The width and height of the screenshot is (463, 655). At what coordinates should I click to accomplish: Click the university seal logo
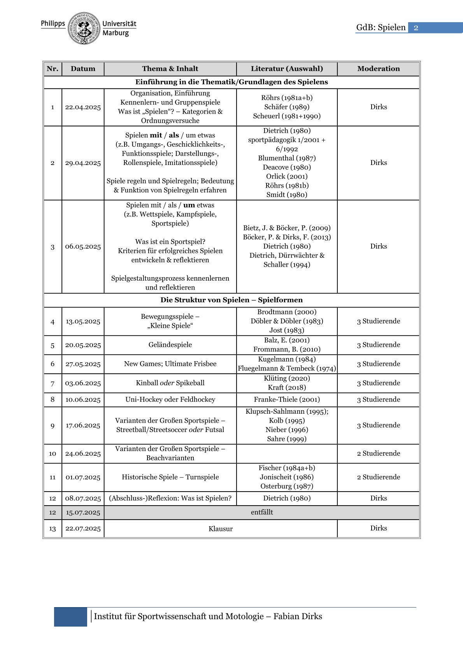tap(84, 28)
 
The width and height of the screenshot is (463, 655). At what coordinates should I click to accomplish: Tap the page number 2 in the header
tap(416, 28)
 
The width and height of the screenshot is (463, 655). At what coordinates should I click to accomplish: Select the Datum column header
tap(83, 69)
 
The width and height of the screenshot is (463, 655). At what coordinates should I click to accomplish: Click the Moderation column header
tap(378, 69)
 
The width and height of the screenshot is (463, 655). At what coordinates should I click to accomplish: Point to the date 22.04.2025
tap(83, 107)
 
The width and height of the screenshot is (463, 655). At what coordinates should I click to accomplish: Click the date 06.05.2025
tap(83, 247)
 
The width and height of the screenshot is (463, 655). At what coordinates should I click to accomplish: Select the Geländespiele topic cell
tap(170, 345)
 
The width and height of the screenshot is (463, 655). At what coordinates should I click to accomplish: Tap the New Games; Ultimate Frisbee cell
tap(170, 364)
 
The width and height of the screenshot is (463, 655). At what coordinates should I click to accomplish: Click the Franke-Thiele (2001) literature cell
tap(287, 400)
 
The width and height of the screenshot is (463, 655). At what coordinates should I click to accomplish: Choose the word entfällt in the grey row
tap(262, 513)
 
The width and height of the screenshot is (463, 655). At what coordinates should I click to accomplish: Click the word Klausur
tap(221, 529)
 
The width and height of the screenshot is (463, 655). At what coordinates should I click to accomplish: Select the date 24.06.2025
tap(83, 454)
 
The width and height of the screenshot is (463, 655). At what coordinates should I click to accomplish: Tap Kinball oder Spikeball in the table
tap(170, 383)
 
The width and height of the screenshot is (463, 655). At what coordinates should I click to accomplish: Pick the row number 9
tap(53, 426)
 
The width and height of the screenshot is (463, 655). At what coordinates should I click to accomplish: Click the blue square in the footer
tap(70, 617)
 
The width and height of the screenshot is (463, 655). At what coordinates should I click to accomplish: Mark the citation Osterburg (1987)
tap(287, 486)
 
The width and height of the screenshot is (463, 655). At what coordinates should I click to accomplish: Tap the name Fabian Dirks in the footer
tap(298, 616)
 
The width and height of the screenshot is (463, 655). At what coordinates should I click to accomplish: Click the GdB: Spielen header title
tap(381, 28)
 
